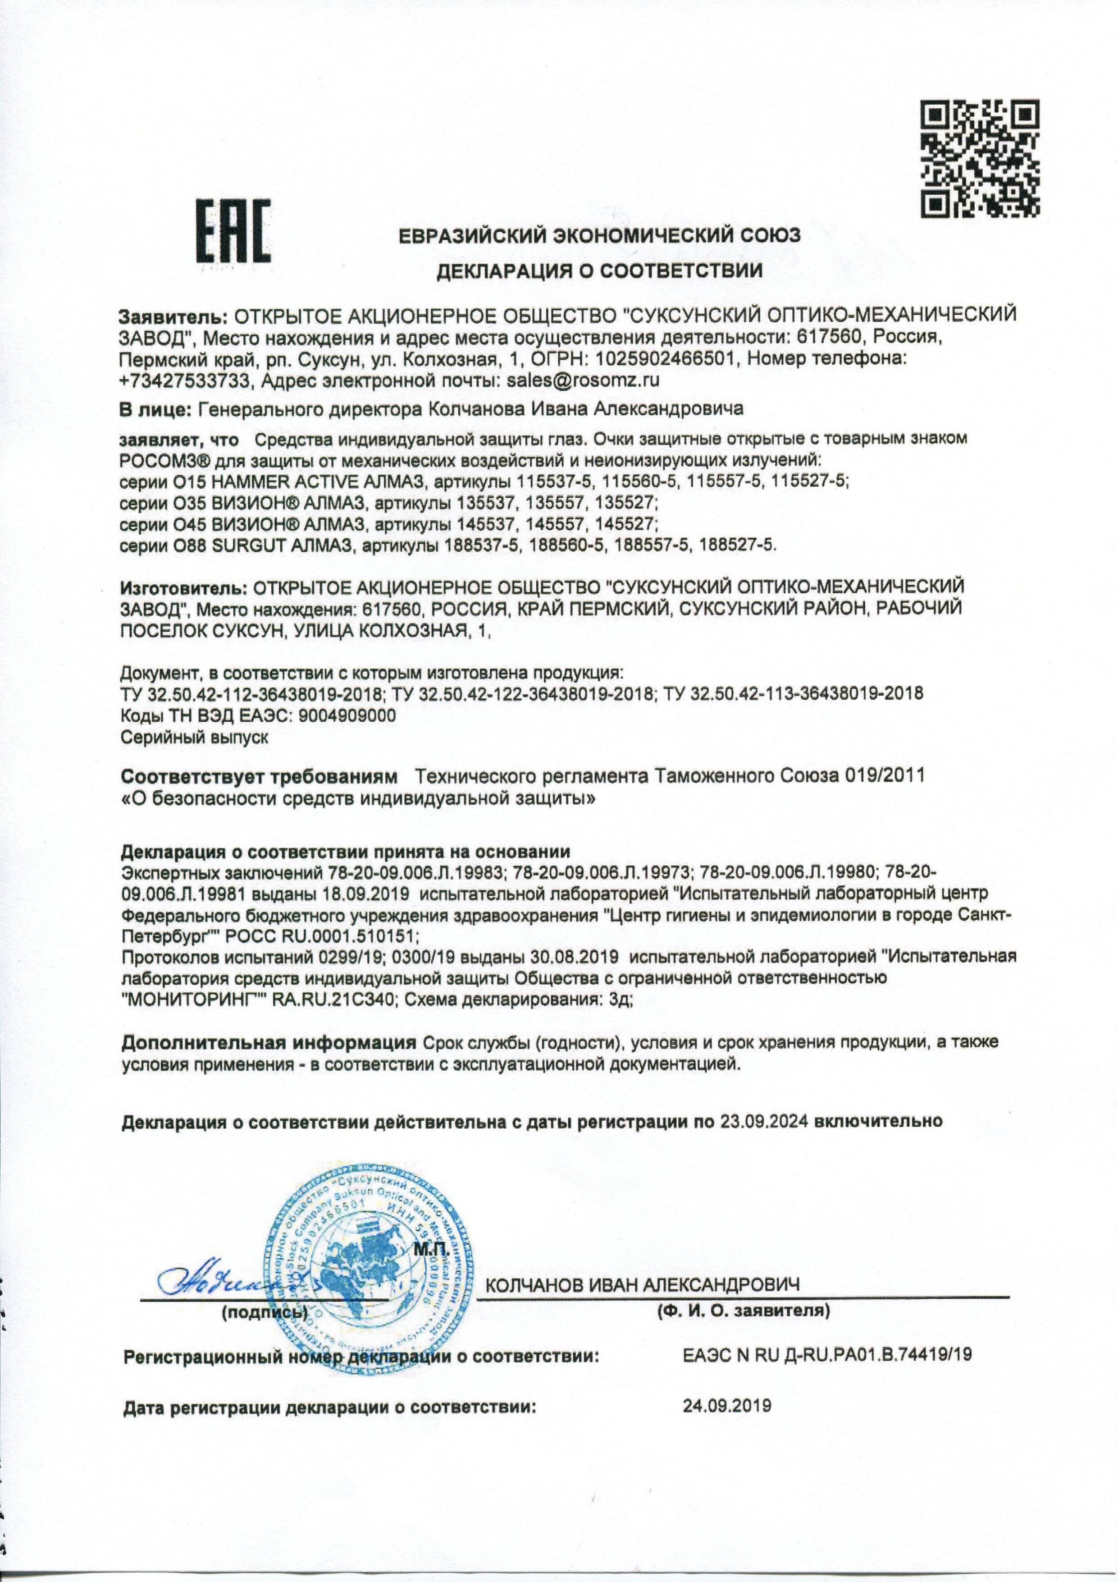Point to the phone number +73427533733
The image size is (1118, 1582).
[x=181, y=380]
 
